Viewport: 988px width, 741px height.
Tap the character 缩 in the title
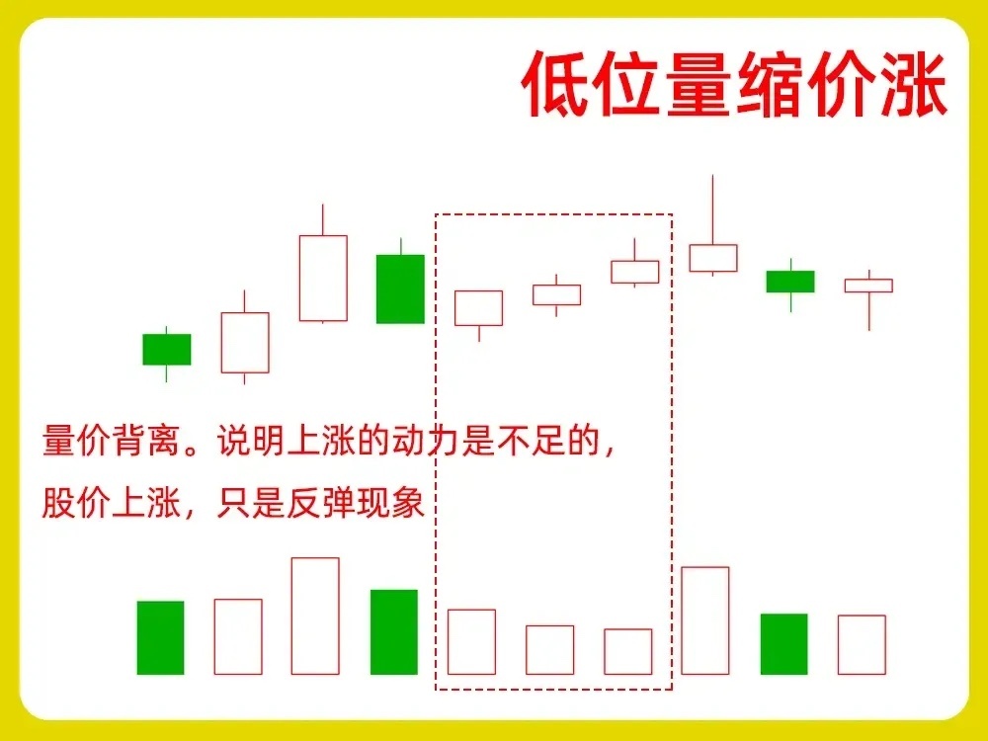(x=772, y=84)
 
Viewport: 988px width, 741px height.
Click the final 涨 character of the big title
(x=914, y=84)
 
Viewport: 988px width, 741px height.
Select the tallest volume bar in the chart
(x=315, y=616)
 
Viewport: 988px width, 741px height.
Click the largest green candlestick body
(x=400, y=288)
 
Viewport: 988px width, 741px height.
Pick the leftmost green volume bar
(x=161, y=637)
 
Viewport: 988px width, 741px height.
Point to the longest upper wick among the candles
(x=712, y=209)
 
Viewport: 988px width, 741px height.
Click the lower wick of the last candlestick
(x=868, y=311)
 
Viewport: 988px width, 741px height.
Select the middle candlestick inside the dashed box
(x=556, y=294)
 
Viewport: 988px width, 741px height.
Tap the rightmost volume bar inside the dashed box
(x=627, y=651)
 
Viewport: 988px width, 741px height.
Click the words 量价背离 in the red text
(x=113, y=440)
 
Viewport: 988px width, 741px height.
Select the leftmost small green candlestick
(x=166, y=349)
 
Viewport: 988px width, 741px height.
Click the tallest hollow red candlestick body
(x=323, y=278)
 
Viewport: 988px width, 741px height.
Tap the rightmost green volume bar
(x=783, y=644)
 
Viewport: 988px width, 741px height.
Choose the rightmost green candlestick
(x=790, y=282)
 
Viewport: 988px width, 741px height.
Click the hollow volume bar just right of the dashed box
(x=705, y=620)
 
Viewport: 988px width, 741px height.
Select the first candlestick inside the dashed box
(x=479, y=308)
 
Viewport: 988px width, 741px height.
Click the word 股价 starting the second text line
(x=77, y=503)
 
